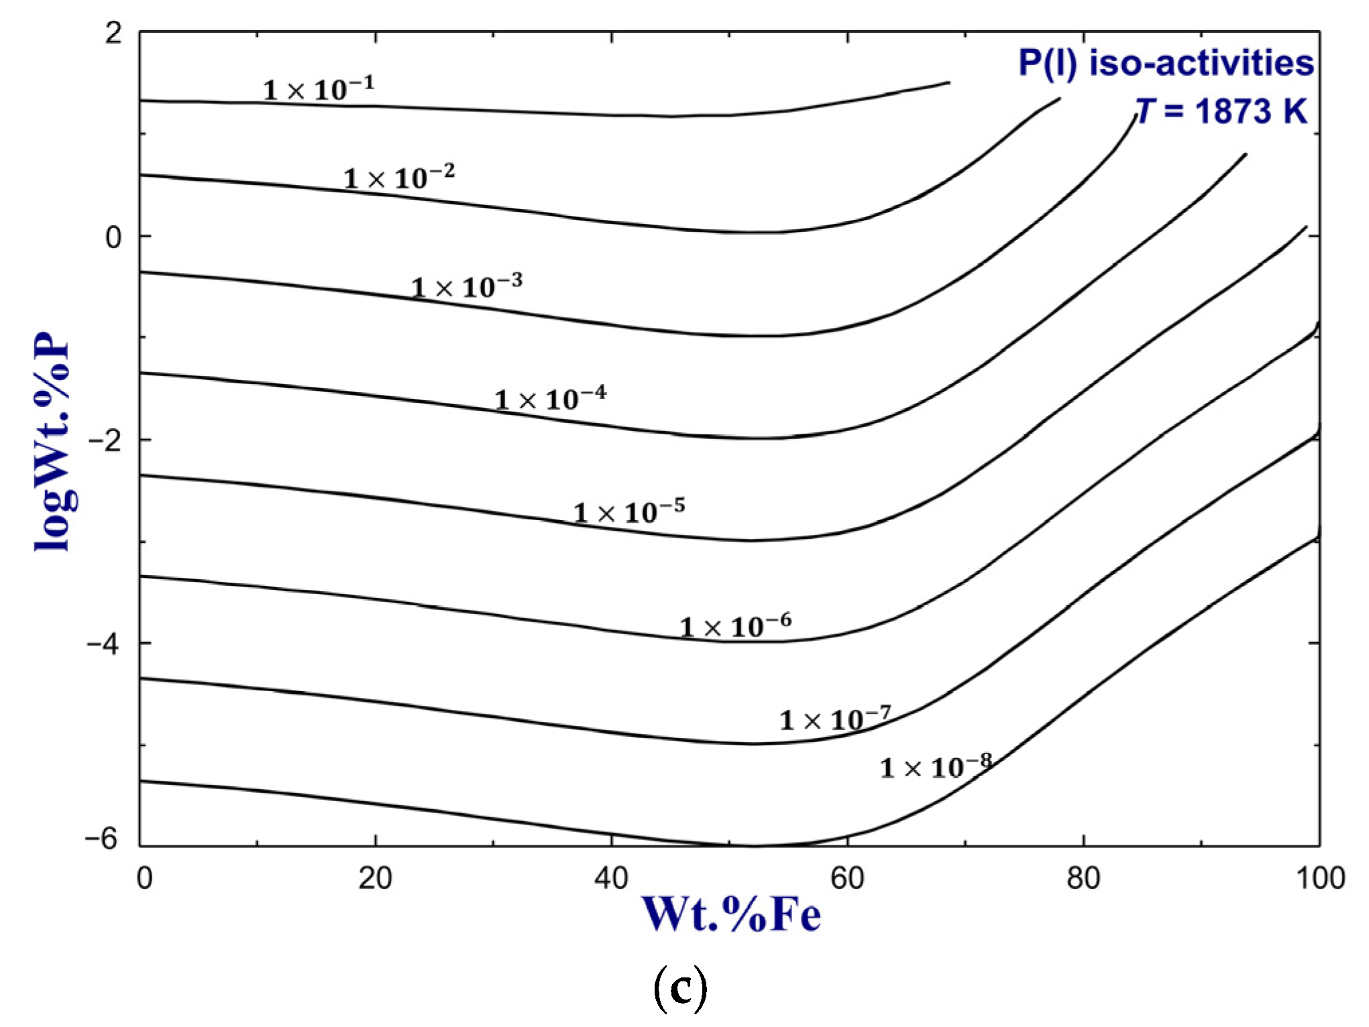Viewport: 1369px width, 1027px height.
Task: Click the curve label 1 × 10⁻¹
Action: [x=319, y=89]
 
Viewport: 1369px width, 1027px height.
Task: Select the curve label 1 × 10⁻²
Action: [x=399, y=177]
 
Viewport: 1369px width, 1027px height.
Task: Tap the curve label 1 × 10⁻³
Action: [x=467, y=287]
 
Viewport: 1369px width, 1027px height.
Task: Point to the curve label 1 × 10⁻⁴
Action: [x=551, y=399]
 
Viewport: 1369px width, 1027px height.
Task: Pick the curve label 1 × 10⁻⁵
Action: [x=629, y=512]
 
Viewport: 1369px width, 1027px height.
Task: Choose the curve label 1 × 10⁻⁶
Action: [x=736, y=626]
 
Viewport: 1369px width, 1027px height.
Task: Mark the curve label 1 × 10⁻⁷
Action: [x=835, y=719]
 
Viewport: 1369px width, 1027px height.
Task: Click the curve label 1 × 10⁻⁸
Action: [x=936, y=766]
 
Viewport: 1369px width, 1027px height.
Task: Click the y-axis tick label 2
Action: [x=113, y=33]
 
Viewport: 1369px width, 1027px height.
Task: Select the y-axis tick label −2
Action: [x=106, y=440]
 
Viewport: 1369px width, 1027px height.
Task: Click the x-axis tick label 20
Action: [x=375, y=878]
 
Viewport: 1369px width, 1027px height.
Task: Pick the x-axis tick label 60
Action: [x=847, y=878]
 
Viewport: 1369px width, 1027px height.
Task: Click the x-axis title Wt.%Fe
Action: [x=731, y=914]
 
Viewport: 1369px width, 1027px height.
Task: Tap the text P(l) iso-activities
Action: [x=1166, y=64]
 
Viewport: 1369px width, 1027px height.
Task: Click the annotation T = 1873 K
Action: [x=1221, y=111]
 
